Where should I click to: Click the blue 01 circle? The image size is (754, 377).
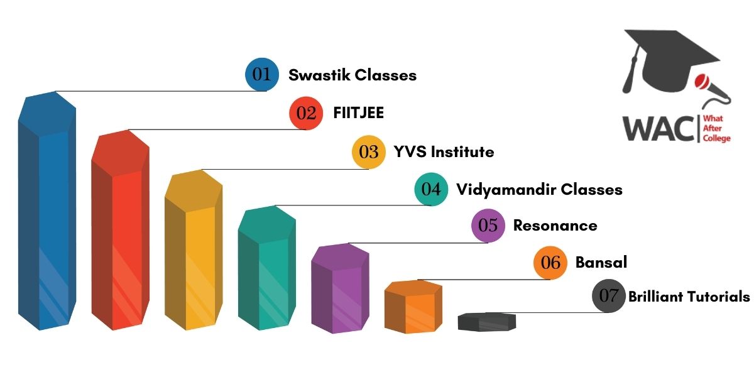click(262, 74)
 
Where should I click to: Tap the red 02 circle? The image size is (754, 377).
click(306, 113)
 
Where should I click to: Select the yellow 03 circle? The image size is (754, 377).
click(369, 152)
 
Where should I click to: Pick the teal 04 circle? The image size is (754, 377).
click(431, 189)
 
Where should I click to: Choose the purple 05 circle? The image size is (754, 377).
click(488, 226)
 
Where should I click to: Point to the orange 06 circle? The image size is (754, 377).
click(550, 263)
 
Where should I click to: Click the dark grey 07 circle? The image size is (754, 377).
click(609, 295)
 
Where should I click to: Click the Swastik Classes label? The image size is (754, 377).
click(352, 75)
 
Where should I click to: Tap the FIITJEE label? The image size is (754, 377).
click(359, 112)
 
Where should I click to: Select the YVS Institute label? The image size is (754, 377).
click(444, 152)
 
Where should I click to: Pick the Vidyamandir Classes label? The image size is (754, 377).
click(539, 190)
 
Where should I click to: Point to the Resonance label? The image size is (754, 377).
click(555, 226)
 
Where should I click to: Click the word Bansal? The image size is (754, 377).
click(601, 262)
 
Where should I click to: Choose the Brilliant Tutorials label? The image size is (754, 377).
click(689, 297)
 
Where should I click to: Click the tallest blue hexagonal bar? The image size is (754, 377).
click(47, 210)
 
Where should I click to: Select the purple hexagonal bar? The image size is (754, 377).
click(341, 288)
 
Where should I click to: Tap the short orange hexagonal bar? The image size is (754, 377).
click(413, 307)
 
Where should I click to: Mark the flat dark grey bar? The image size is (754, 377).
click(487, 322)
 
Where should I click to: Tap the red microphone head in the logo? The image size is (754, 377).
click(702, 81)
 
